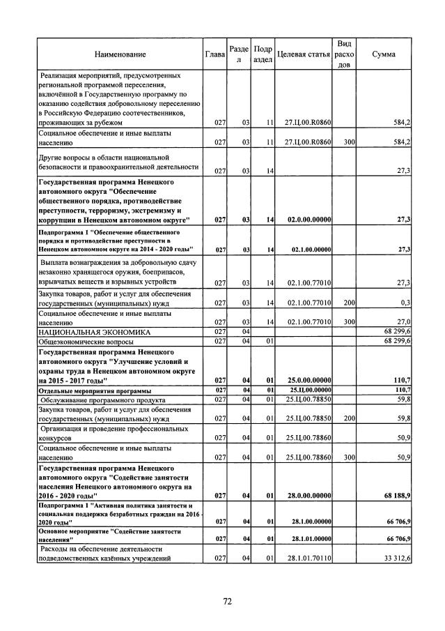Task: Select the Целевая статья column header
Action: [x=303, y=54]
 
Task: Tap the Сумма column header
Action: [x=385, y=54]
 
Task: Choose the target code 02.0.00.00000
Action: [x=309, y=220]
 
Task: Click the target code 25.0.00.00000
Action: [x=309, y=379]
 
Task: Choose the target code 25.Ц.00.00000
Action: [x=309, y=389]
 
